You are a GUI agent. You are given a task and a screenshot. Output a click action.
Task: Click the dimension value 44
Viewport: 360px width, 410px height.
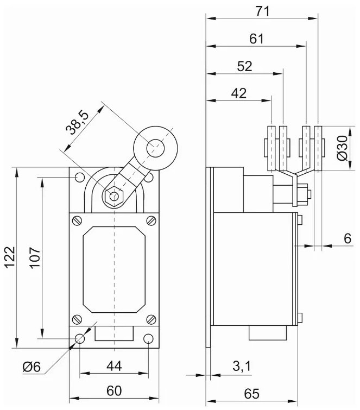113,366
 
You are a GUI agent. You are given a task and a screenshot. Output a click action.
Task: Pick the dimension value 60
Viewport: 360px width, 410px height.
113,390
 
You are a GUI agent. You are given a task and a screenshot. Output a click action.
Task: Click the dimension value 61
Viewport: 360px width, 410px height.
256,39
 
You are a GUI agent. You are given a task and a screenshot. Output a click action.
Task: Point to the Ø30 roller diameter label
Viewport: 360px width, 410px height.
342,148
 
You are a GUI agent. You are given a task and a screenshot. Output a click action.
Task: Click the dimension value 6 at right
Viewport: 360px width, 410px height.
348,238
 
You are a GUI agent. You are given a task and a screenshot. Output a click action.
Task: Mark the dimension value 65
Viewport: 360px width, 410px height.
251,392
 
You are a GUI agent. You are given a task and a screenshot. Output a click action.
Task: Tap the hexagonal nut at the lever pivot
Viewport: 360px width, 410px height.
114,196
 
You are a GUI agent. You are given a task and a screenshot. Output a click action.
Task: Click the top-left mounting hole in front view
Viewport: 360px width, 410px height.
80,177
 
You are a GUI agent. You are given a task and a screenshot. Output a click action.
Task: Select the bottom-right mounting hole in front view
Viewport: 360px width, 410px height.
149,339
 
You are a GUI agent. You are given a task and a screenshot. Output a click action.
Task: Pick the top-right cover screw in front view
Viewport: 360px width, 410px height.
150,221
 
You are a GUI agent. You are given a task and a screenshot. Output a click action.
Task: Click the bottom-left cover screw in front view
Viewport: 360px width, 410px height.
78,320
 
